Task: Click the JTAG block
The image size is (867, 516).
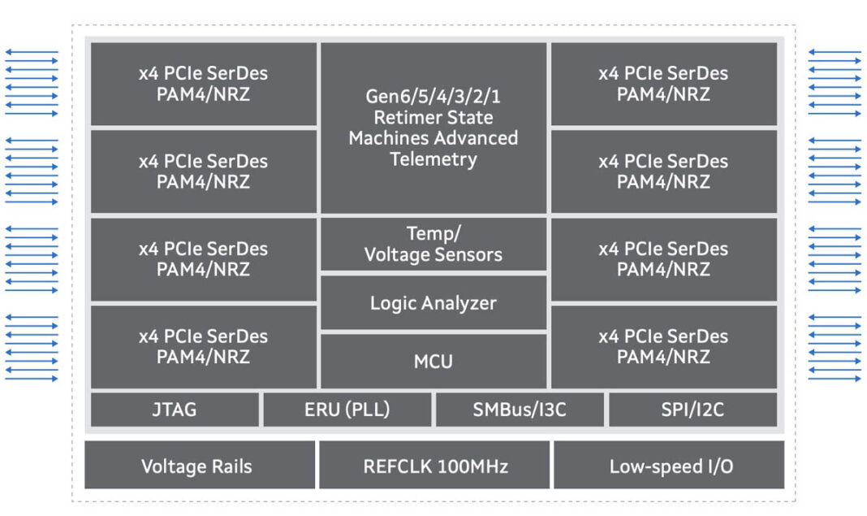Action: pos(175,410)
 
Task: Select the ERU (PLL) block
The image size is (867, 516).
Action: pos(347,410)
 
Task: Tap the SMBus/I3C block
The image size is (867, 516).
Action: pos(520,410)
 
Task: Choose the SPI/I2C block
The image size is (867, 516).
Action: pos(692,410)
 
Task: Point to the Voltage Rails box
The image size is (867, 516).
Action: pos(197,466)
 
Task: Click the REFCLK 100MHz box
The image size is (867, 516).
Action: pos(433,466)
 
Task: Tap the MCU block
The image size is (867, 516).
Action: pos(433,361)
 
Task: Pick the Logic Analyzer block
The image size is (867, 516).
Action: pos(433,303)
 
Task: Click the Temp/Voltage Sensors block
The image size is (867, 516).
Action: pos(433,245)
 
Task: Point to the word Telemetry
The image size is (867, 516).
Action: pos(433,159)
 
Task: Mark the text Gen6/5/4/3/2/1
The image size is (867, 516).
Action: pos(433,97)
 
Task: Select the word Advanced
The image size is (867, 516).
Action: pos(476,138)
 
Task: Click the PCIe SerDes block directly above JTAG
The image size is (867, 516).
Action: pos(203,346)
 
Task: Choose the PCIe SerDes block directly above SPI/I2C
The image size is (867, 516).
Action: pos(663,346)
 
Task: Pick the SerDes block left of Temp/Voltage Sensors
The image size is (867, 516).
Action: pos(203,258)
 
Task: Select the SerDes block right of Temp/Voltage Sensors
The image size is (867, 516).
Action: pos(663,258)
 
